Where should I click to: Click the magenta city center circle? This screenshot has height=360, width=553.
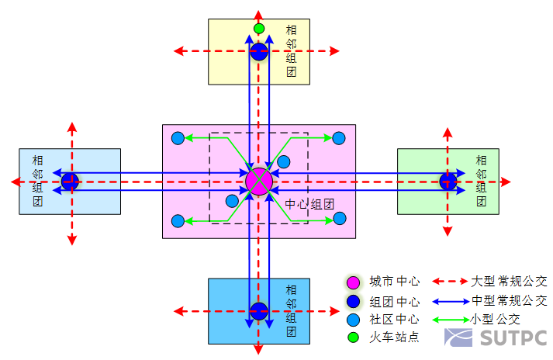258,182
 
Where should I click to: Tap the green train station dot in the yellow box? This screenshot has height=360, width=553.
259,29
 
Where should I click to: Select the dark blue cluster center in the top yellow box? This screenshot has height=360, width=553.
259,52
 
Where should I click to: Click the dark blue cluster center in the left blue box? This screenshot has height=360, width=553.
71,182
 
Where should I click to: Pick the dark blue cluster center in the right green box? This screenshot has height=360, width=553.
448,182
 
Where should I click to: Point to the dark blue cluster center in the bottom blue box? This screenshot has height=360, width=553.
259,311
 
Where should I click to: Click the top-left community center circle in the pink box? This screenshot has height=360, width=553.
178,138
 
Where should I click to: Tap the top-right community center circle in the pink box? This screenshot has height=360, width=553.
339,138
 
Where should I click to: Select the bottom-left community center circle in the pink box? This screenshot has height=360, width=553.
178,221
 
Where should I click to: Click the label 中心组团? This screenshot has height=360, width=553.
309,205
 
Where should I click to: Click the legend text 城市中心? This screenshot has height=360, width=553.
394,282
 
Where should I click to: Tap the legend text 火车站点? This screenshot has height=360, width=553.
394,337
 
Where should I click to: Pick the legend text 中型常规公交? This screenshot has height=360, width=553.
509,299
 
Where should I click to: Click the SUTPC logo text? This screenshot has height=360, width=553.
513,338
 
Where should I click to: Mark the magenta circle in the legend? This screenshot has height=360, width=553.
354,282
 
